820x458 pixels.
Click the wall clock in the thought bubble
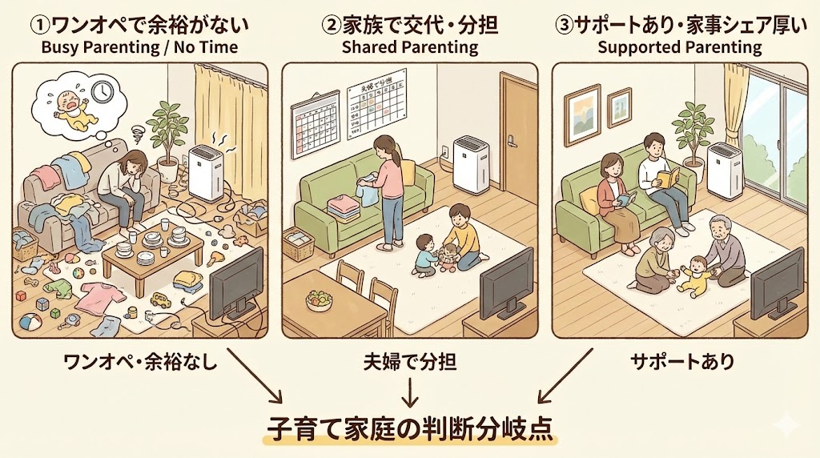tap(101, 91)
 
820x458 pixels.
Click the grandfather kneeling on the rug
tap(725, 255)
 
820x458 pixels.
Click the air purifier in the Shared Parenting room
tap(471, 164)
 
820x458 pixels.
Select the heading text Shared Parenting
tap(409, 47)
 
